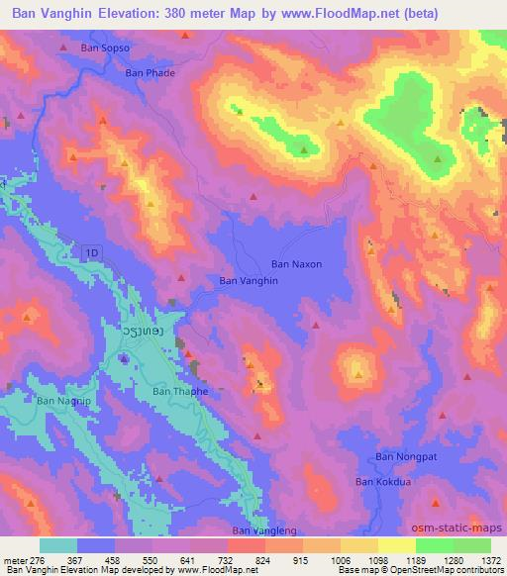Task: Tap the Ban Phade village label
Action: (x=150, y=71)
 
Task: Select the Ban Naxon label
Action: (x=297, y=264)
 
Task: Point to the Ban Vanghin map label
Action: (x=249, y=281)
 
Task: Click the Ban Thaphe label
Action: (x=180, y=392)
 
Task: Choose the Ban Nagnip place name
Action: (x=62, y=401)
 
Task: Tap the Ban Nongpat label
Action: (x=403, y=457)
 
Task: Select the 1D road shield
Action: (x=92, y=254)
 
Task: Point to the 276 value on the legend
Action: (x=39, y=560)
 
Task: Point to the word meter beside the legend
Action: (x=15, y=560)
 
